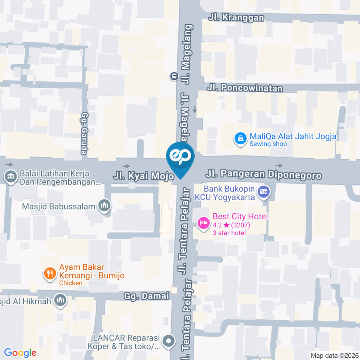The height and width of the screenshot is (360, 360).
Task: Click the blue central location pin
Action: pyautogui.click(x=180, y=157)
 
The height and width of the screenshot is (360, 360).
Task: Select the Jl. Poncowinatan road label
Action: pyautogui.click(x=245, y=88)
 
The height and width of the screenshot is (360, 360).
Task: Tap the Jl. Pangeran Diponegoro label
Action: pyautogui.click(x=264, y=175)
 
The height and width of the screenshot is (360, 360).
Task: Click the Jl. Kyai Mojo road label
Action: pyautogui.click(x=144, y=175)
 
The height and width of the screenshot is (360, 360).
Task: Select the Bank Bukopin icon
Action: pyautogui.click(x=265, y=192)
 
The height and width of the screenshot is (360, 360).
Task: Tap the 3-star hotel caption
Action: pyautogui.click(x=229, y=233)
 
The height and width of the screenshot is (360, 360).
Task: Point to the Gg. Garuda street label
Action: pyautogui.click(x=84, y=133)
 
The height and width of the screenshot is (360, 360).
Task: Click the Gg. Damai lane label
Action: pyautogui.click(x=147, y=296)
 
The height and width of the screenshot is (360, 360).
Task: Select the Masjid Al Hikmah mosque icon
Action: pyautogui.click(x=61, y=300)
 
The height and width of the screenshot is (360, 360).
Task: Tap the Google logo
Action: pyautogui.click(x=20, y=352)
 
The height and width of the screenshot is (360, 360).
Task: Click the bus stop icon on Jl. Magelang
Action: pyautogui.click(x=174, y=76)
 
